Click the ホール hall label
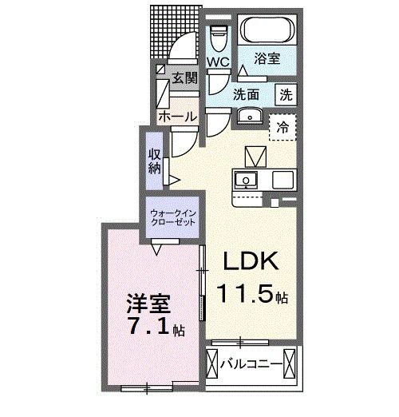point(177,117)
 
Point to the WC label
point(219,62)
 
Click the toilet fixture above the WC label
point(219,35)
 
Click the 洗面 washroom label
point(247,93)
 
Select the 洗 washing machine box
point(285,93)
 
